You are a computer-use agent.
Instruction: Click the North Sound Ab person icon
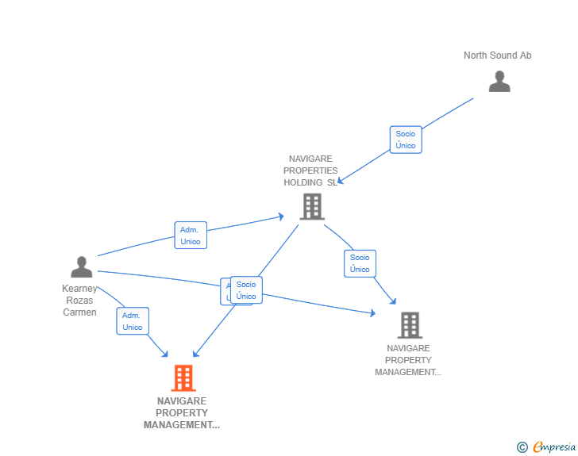coord(499,82)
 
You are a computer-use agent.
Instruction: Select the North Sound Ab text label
coord(498,56)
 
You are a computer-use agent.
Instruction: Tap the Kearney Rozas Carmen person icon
coord(81,267)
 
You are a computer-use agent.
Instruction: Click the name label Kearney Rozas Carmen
coord(79,301)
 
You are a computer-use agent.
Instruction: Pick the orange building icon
coord(183,378)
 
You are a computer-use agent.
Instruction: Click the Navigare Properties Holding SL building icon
coord(312,206)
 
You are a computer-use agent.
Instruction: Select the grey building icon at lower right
coord(409,324)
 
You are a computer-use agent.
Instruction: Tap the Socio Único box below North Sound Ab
coord(406,140)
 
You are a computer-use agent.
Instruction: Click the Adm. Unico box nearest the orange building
coord(133,321)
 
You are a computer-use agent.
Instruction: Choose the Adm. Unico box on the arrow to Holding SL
coord(191,236)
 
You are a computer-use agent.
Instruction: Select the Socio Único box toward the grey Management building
coord(360,263)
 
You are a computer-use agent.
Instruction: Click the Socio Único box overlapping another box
coord(247,290)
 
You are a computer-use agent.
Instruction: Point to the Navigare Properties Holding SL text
coord(310,171)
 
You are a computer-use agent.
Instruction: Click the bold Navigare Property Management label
coord(182,413)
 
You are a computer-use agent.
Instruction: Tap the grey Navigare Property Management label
coord(408,360)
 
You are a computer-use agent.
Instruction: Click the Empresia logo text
coord(554,447)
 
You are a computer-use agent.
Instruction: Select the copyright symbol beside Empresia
coord(522,447)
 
